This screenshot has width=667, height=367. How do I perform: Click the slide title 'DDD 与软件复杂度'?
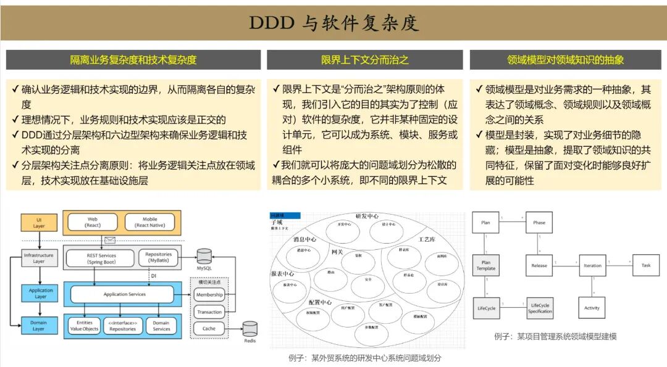333,23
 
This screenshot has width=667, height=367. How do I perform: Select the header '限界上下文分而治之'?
364,60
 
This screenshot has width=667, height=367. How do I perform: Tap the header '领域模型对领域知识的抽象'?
565,60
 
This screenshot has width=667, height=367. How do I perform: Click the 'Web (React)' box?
93,222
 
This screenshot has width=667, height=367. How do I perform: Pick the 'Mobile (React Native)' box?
150,222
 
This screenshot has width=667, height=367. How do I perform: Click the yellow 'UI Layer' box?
38,222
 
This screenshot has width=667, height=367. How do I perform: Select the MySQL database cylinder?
204,257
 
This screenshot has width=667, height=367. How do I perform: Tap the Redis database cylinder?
250,330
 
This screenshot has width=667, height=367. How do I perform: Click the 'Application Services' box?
124,294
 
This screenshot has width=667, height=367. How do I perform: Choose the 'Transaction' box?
209,312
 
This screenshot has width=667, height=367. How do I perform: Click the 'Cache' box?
209,329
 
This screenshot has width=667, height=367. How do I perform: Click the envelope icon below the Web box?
111,241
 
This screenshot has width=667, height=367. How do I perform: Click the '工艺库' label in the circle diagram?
427,239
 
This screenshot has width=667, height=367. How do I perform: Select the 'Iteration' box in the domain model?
592,266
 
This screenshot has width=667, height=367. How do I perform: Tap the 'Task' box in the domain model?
645,266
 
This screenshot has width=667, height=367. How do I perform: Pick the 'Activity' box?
592,308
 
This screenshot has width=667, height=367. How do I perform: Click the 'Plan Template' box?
486,266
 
